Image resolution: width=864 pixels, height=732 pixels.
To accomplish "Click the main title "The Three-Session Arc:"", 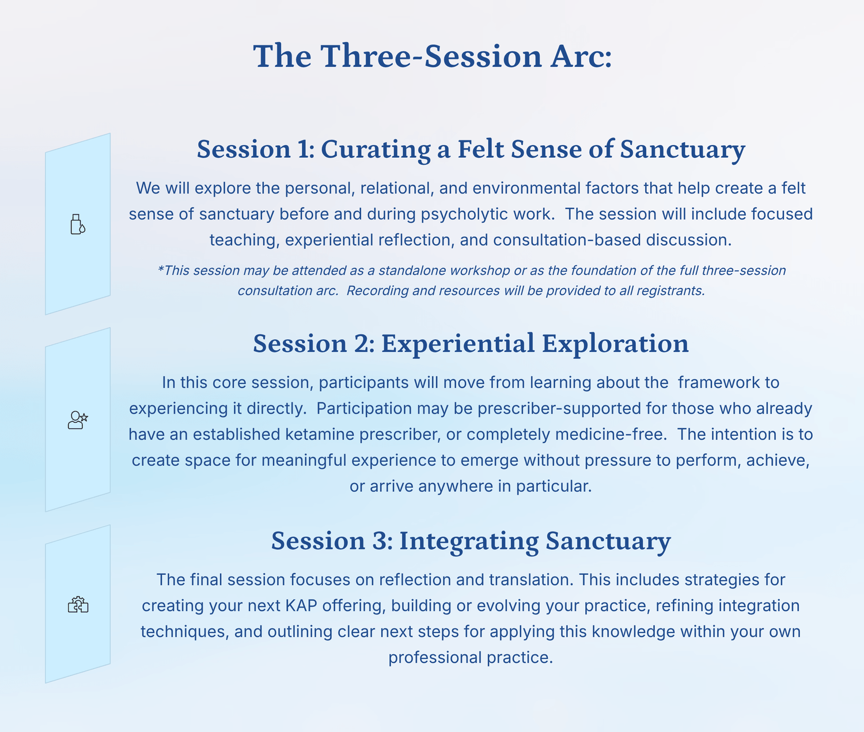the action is pyautogui.click(x=432, y=56).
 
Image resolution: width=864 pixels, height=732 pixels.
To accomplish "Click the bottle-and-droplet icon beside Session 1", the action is pyautogui.click(x=78, y=224).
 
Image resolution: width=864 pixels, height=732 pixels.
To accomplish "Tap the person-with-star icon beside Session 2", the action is pyautogui.click(x=78, y=420).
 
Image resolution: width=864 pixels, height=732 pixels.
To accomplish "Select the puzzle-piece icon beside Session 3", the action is pyautogui.click(x=78, y=605).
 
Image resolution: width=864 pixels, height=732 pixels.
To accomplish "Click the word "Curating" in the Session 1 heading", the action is pyautogui.click(x=376, y=150).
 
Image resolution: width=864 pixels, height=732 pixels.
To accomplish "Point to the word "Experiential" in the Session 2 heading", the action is pyautogui.click(x=458, y=344).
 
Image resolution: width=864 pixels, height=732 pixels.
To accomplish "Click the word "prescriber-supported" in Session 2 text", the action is pyautogui.click(x=559, y=408).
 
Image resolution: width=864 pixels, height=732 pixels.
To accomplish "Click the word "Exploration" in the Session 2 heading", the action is pyautogui.click(x=615, y=344).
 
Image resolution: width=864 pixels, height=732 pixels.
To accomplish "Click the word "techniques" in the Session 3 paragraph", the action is pyautogui.click(x=185, y=632).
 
